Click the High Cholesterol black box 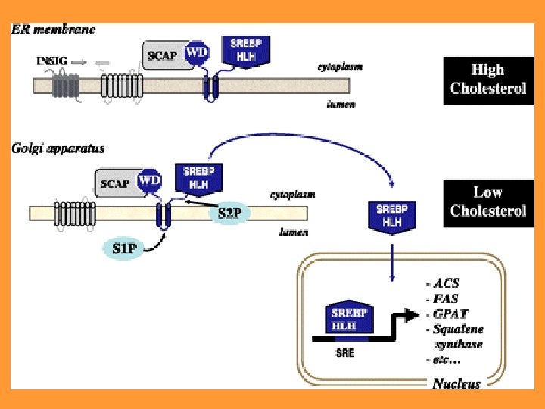487,80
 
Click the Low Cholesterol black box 487,201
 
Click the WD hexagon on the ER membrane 198,52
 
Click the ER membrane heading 52,30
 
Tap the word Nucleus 456,384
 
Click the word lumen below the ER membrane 341,105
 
